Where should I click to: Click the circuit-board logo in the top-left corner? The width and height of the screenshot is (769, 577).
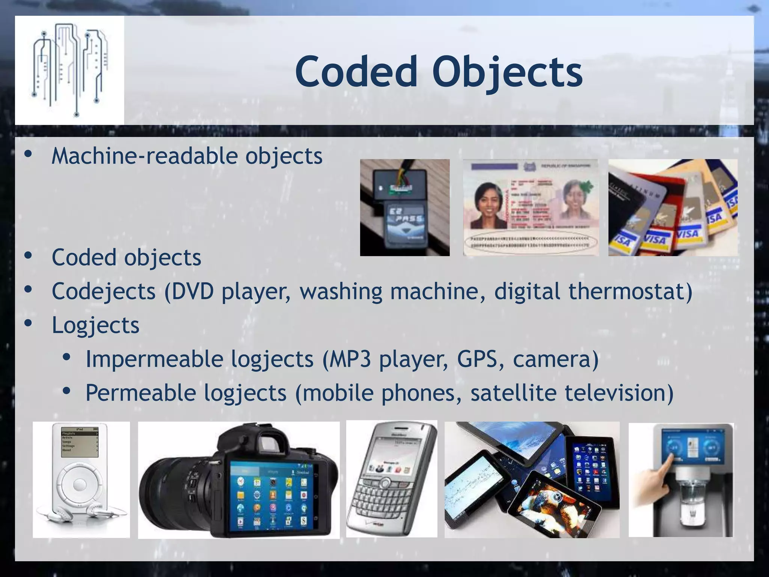(69, 70)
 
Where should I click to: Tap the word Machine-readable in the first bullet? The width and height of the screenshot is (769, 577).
(145, 156)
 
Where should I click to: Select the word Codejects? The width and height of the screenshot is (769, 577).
(103, 291)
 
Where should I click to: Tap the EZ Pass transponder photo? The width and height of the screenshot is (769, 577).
(405, 207)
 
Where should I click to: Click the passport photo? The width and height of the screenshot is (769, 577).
(531, 207)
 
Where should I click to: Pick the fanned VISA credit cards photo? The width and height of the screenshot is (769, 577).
(672, 207)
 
